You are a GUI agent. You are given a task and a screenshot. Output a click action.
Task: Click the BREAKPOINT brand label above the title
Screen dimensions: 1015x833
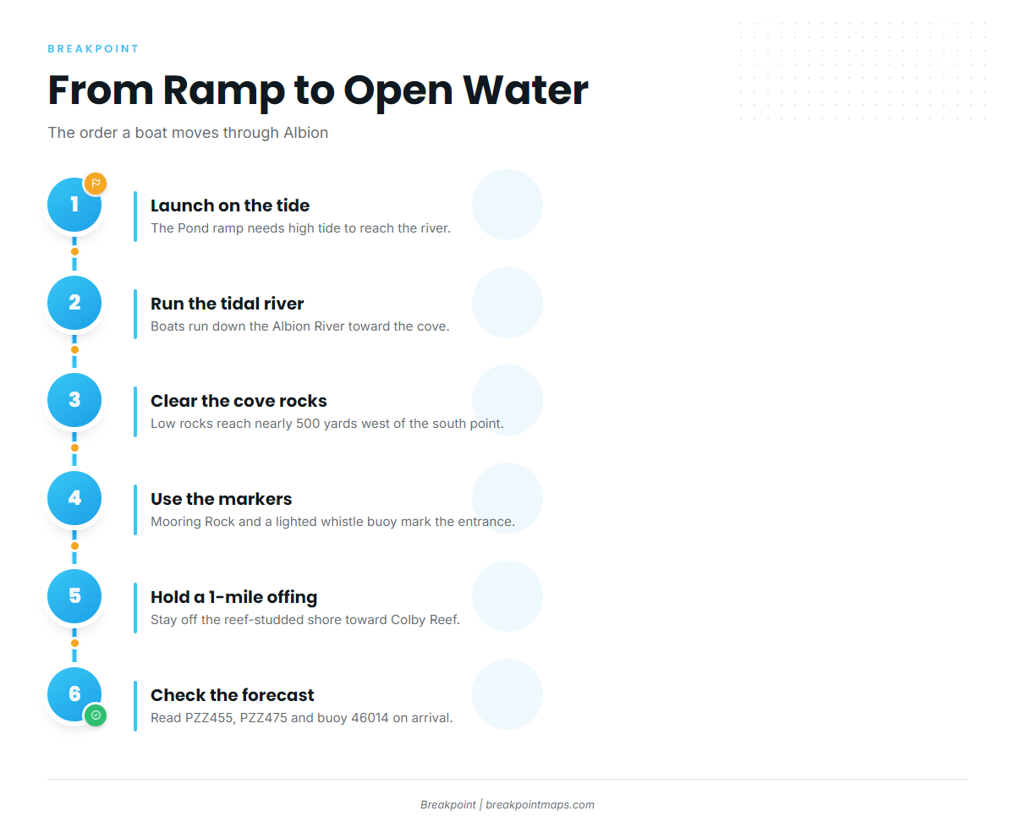click(93, 48)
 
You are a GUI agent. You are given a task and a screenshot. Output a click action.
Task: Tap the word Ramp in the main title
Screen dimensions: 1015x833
click(224, 91)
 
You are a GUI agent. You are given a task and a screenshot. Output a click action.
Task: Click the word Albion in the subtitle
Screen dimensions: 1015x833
click(305, 132)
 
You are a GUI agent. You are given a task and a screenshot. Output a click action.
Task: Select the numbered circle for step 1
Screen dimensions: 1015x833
click(74, 205)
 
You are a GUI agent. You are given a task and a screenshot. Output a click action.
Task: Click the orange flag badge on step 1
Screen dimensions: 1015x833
click(96, 184)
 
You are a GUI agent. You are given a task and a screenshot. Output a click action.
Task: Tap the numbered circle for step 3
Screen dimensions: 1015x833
click(74, 400)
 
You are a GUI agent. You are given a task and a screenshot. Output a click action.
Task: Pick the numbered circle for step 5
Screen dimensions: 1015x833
click(74, 595)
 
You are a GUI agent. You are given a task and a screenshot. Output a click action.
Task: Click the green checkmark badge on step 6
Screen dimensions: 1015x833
click(96, 715)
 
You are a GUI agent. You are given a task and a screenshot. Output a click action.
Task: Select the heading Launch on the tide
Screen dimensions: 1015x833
click(230, 206)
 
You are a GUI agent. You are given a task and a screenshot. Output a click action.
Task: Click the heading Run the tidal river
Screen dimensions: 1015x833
click(228, 304)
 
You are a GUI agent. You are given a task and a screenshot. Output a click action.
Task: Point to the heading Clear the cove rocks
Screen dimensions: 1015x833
click(239, 401)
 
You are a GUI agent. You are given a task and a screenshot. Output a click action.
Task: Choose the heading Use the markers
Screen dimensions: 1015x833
click(222, 499)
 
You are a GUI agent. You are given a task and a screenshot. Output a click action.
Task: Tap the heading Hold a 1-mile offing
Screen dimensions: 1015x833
click(234, 597)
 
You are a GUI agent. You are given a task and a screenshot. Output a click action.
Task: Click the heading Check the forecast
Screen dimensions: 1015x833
click(233, 695)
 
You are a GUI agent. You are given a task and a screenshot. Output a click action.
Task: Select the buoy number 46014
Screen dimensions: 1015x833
click(370, 718)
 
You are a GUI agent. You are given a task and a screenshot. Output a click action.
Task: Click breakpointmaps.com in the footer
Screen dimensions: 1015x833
click(540, 804)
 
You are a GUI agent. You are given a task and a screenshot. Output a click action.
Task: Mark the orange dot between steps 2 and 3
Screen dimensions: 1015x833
click(74, 350)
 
